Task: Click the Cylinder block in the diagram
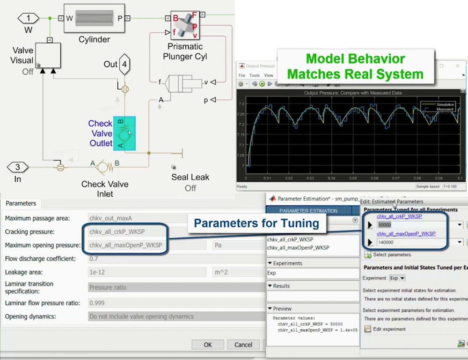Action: (x=94, y=18)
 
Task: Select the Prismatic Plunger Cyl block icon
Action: (x=185, y=26)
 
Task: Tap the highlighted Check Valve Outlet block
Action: (x=124, y=133)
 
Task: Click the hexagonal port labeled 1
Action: (x=29, y=18)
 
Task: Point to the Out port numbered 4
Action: (x=124, y=65)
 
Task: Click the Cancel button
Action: (x=243, y=345)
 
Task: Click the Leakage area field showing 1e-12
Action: (x=146, y=272)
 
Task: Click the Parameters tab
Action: (x=21, y=203)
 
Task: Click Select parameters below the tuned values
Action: (x=392, y=255)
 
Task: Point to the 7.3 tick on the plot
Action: (x=241, y=104)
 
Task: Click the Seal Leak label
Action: (x=190, y=177)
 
